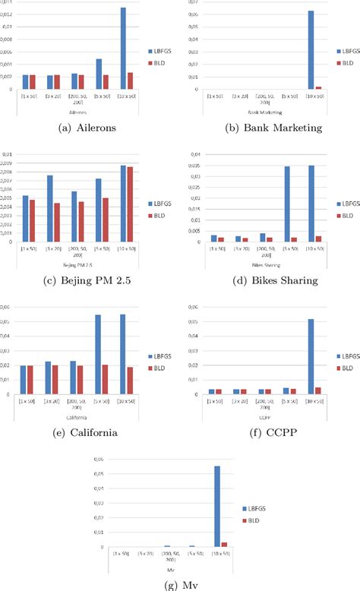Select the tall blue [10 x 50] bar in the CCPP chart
[x=311, y=356]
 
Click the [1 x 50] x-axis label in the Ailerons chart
[x=25, y=97]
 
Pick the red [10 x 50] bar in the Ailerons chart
[x=130, y=81]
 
